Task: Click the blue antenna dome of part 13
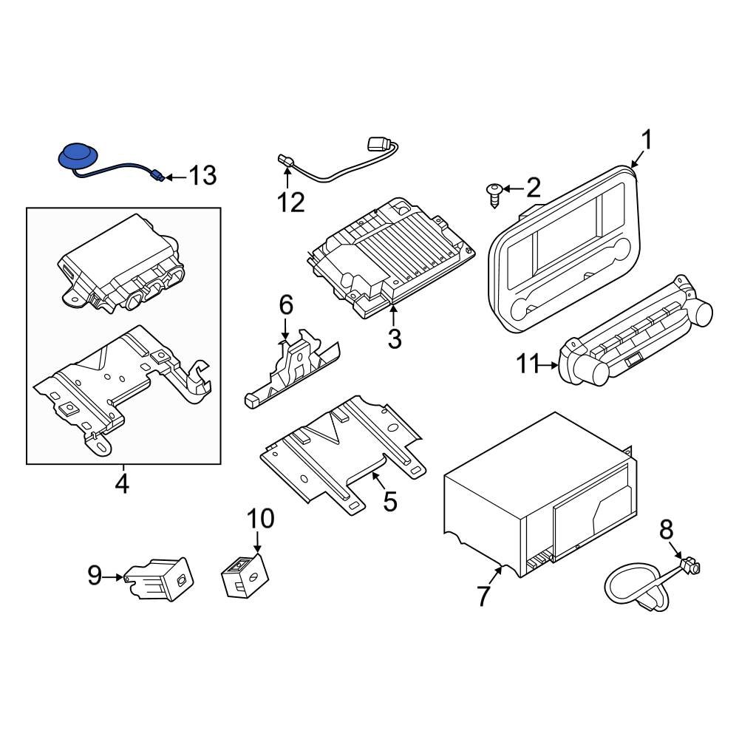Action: pyautogui.click(x=76, y=156)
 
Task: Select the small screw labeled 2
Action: pyautogui.click(x=494, y=193)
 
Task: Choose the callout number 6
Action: pyautogui.click(x=285, y=304)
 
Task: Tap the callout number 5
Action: pyautogui.click(x=389, y=502)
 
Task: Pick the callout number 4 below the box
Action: pyautogui.click(x=122, y=484)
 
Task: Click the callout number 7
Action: pyautogui.click(x=483, y=596)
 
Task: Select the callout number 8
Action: pyautogui.click(x=666, y=528)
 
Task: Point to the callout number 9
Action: pyautogui.click(x=95, y=575)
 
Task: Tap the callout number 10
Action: pyautogui.click(x=259, y=519)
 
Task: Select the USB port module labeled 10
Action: pyautogui.click(x=243, y=575)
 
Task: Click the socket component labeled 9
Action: pyautogui.click(x=161, y=576)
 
